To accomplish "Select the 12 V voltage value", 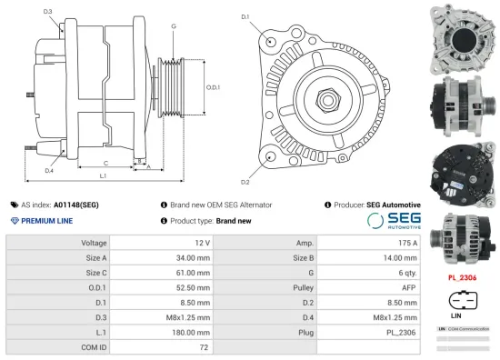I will click(x=201, y=244).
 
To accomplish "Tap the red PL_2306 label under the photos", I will click(x=462, y=276).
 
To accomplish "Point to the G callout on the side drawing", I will click(x=172, y=26).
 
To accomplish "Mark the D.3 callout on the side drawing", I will click(x=47, y=12).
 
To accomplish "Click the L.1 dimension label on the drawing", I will click(x=103, y=175).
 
